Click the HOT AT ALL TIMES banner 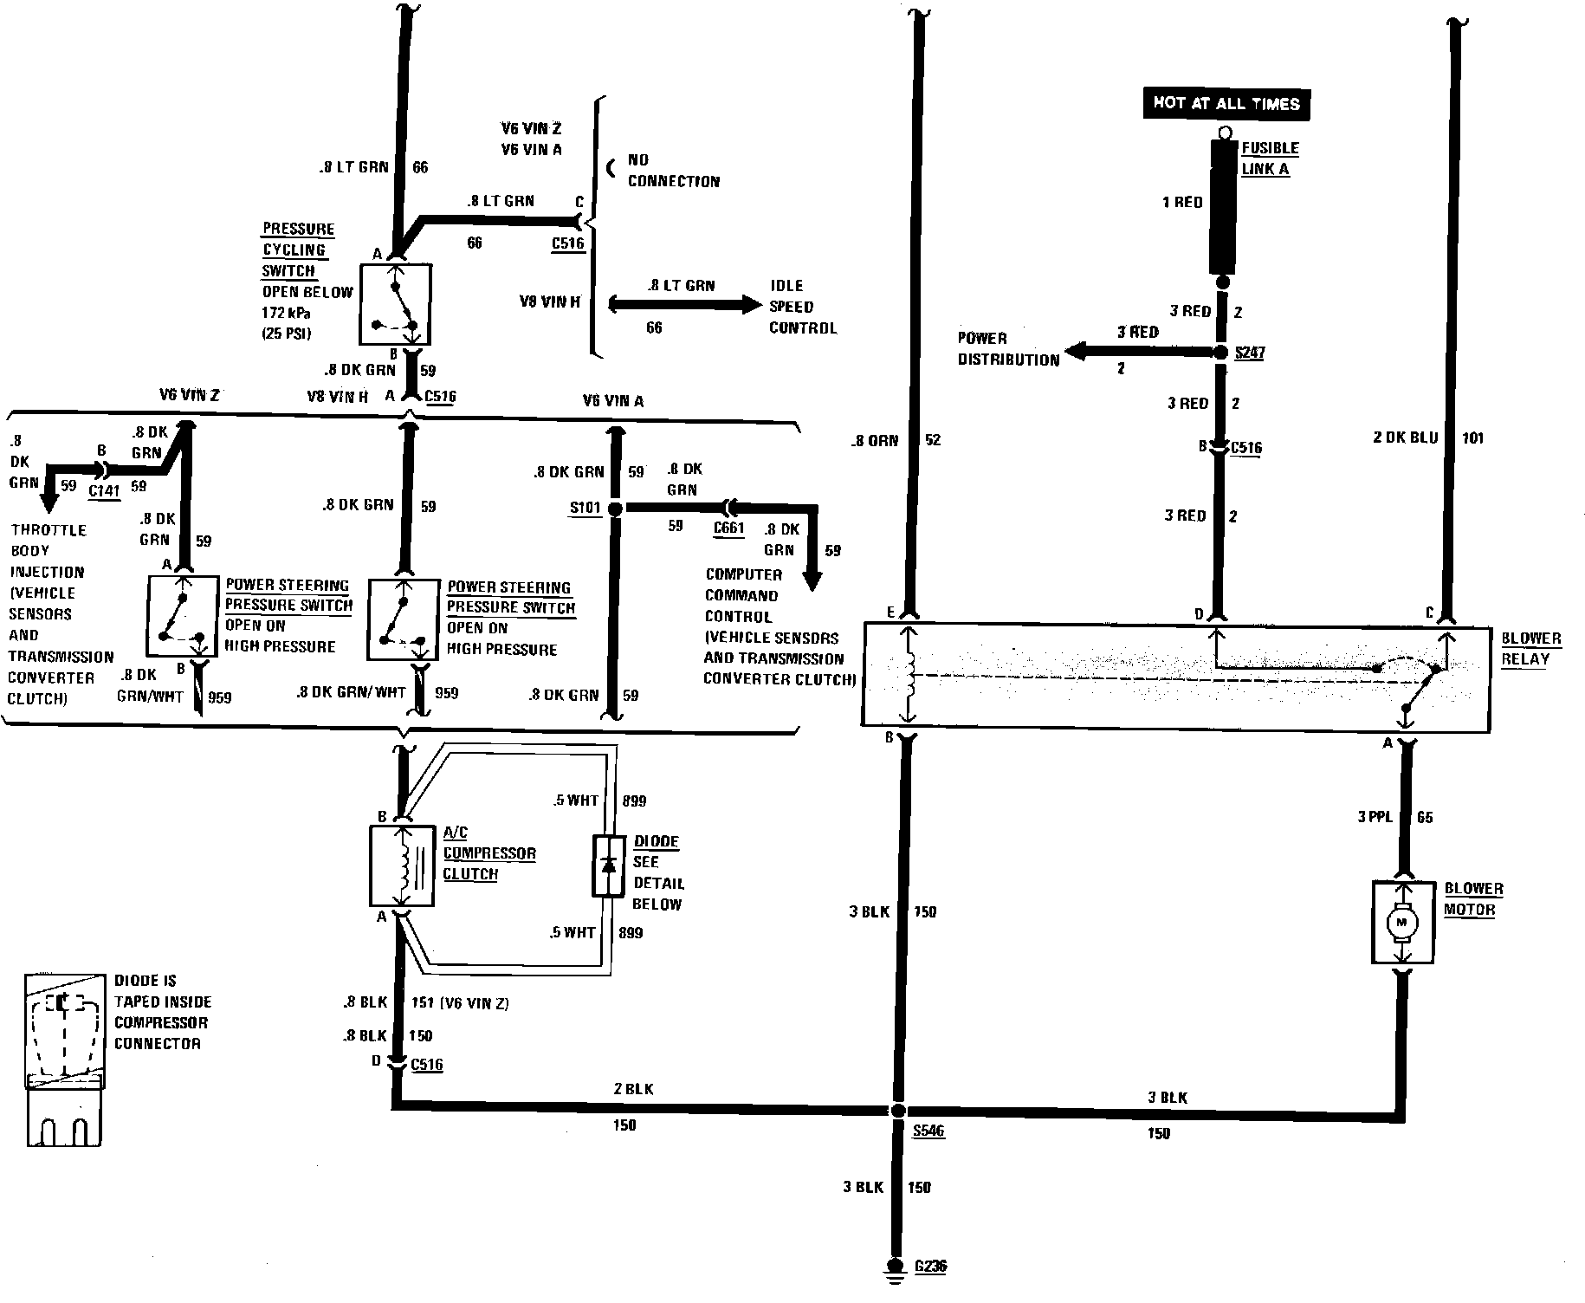click(1226, 104)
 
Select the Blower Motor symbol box click(1403, 923)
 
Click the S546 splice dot click(898, 1111)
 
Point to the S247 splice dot click(1221, 353)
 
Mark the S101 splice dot click(615, 509)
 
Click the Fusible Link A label click(1270, 159)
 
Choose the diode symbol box click(608, 865)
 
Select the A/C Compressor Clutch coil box click(401, 865)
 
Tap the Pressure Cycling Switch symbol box click(395, 304)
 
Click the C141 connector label click(104, 490)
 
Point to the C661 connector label click(729, 528)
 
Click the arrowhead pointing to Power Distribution click(1077, 352)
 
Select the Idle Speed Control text click(803, 307)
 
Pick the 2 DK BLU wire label click(1405, 438)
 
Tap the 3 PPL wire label click(1375, 817)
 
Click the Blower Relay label click(1530, 648)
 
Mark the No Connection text click(673, 171)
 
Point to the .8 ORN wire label click(874, 440)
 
